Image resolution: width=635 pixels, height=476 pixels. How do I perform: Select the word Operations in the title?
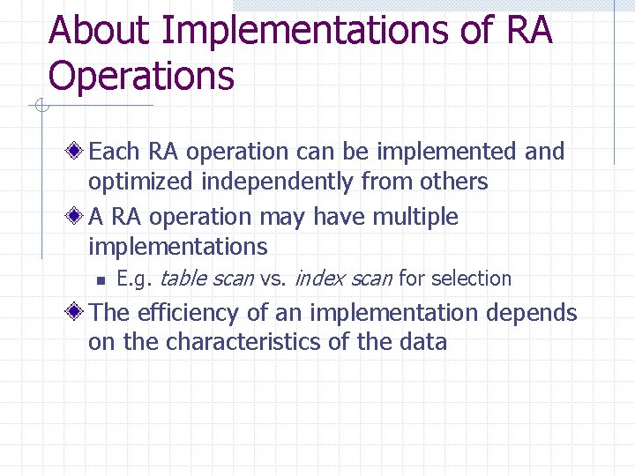pyautogui.click(x=141, y=77)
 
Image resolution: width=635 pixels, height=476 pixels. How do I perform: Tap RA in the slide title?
pyautogui.click(x=529, y=31)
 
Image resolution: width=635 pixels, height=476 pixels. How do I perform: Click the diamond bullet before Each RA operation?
pyautogui.click(x=78, y=152)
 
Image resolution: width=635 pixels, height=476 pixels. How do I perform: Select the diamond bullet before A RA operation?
pyautogui.click(x=78, y=217)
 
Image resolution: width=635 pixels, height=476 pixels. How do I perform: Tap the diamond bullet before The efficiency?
pyautogui.click(x=78, y=313)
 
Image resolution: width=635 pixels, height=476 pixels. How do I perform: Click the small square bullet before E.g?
pyautogui.click(x=101, y=280)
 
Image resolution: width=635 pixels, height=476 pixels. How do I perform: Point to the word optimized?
pyautogui.click(x=141, y=182)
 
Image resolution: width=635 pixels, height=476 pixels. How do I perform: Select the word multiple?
pyautogui.click(x=412, y=217)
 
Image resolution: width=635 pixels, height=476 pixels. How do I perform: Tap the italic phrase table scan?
pyautogui.click(x=206, y=279)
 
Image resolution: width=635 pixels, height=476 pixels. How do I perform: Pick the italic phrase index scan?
pyautogui.click(x=343, y=279)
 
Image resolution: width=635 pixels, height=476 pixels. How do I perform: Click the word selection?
pyautogui.click(x=468, y=279)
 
